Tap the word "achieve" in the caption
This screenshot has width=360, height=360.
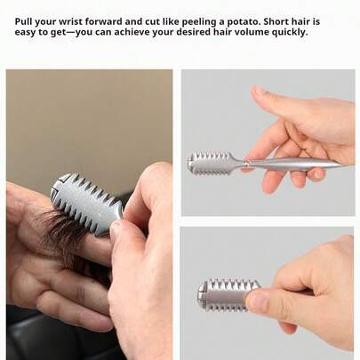[132, 32]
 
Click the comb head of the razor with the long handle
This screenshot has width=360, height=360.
[211, 163]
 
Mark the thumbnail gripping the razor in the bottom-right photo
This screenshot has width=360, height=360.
[256, 300]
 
